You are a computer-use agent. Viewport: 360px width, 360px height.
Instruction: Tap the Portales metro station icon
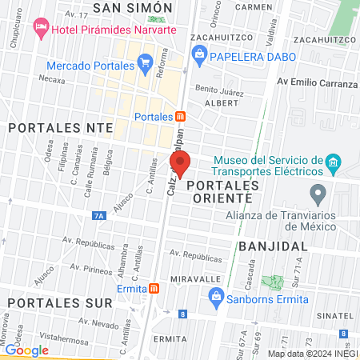click(x=181, y=117)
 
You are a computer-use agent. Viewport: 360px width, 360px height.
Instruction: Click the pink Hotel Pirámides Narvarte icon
click(x=41, y=29)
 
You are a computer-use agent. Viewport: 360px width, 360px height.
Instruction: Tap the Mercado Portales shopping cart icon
click(x=145, y=62)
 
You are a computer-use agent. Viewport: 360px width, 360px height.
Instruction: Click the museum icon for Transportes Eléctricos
click(x=334, y=166)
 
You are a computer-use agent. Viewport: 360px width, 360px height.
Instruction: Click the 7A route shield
click(x=99, y=215)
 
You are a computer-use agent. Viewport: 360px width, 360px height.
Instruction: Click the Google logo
click(x=27, y=350)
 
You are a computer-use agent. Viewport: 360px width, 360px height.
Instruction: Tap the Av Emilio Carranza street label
click(x=317, y=83)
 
